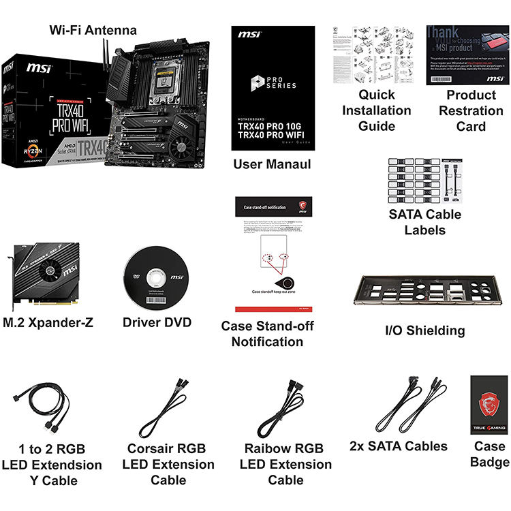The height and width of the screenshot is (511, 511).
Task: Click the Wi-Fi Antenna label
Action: click(93, 30)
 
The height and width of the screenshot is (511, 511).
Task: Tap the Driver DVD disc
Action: click(156, 277)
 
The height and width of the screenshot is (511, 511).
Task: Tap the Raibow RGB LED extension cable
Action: click(285, 409)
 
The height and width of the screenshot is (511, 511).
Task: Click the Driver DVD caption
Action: click(157, 322)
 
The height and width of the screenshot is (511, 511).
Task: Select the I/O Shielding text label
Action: click(424, 330)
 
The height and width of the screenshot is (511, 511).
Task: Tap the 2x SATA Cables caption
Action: click(398, 446)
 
